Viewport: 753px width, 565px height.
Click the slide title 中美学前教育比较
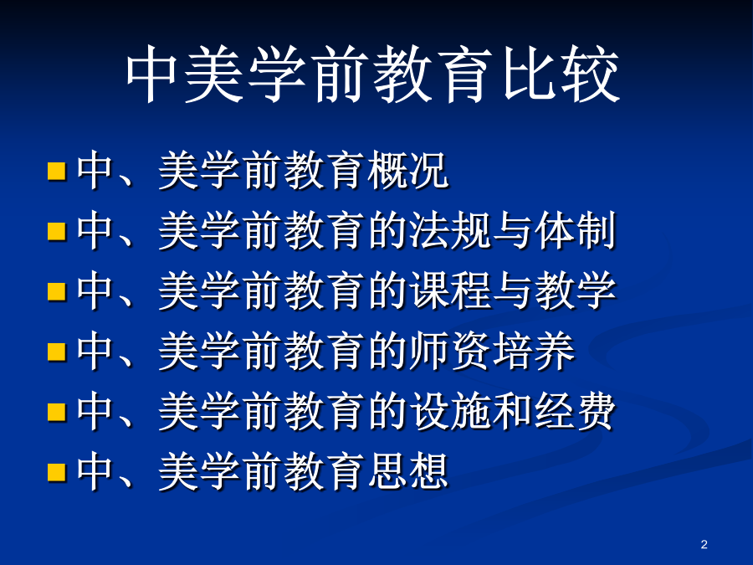point(372,74)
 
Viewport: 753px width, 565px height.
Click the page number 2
point(704,544)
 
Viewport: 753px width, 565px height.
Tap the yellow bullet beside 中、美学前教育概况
point(57,171)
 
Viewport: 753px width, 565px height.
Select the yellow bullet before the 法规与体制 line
point(57,231)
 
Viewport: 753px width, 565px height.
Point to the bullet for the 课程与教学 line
point(57,291)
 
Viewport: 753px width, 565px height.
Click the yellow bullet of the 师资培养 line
point(57,352)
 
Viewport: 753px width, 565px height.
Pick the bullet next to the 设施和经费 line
point(57,411)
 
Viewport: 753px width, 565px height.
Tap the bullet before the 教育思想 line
point(57,472)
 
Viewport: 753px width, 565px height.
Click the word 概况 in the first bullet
point(408,170)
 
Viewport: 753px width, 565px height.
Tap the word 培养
point(534,352)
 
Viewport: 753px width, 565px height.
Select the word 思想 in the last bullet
point(408,471)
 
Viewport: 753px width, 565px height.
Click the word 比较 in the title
point(561,75)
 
